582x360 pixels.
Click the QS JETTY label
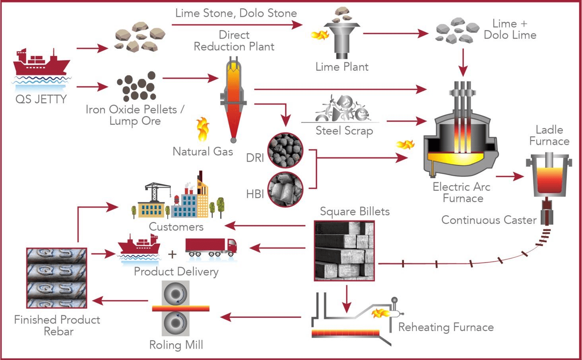[41, 99]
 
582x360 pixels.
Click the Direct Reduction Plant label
[234, 41]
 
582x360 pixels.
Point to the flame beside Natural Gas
[203, 129]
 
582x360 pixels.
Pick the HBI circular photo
[285, 189]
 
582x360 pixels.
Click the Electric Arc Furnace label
[462, 192]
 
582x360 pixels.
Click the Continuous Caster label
[489, 220]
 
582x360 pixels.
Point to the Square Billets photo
[344, 251]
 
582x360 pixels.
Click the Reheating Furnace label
[446, 327]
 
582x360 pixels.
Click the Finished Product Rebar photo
[56, 278]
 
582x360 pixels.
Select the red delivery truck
[211, 247]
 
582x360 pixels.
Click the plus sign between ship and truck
[172, 254]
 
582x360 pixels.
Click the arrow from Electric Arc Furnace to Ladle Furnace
[510, 176]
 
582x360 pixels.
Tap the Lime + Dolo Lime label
[510, 29]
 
